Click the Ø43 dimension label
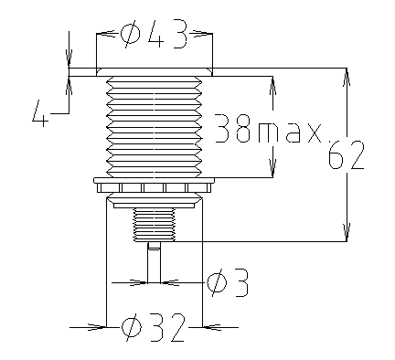tap(154, 34)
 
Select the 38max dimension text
tap(268, 129)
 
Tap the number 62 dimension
tap(347, 154)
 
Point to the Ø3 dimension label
tap(228, 283)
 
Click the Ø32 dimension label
tap(153, 327)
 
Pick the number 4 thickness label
tap(40, 113)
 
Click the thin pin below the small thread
tap(154, 262)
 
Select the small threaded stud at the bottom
tap(155, 225)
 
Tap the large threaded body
tap(155, 127)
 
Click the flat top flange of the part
tap(155, 72)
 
